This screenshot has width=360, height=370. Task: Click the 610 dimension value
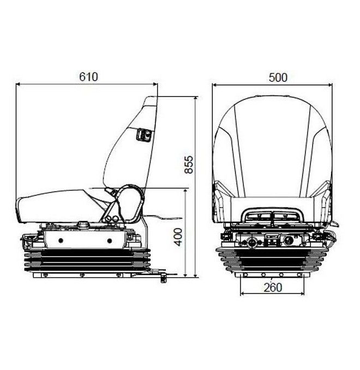click(88, 77)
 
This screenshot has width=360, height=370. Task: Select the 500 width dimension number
click(278, 77)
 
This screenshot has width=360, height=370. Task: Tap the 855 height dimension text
click(189, 164)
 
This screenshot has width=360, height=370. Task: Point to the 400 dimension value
click(178, 237)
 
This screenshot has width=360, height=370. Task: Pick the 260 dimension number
click(273, 288)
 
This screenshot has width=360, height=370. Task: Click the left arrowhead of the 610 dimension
click(18, 84)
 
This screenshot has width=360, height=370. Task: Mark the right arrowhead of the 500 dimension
click(329, 85)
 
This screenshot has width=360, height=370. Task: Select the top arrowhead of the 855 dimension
click(195, 99)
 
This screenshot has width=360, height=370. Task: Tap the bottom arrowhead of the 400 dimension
click(185, 274)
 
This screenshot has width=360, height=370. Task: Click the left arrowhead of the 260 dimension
click(243, 294)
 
